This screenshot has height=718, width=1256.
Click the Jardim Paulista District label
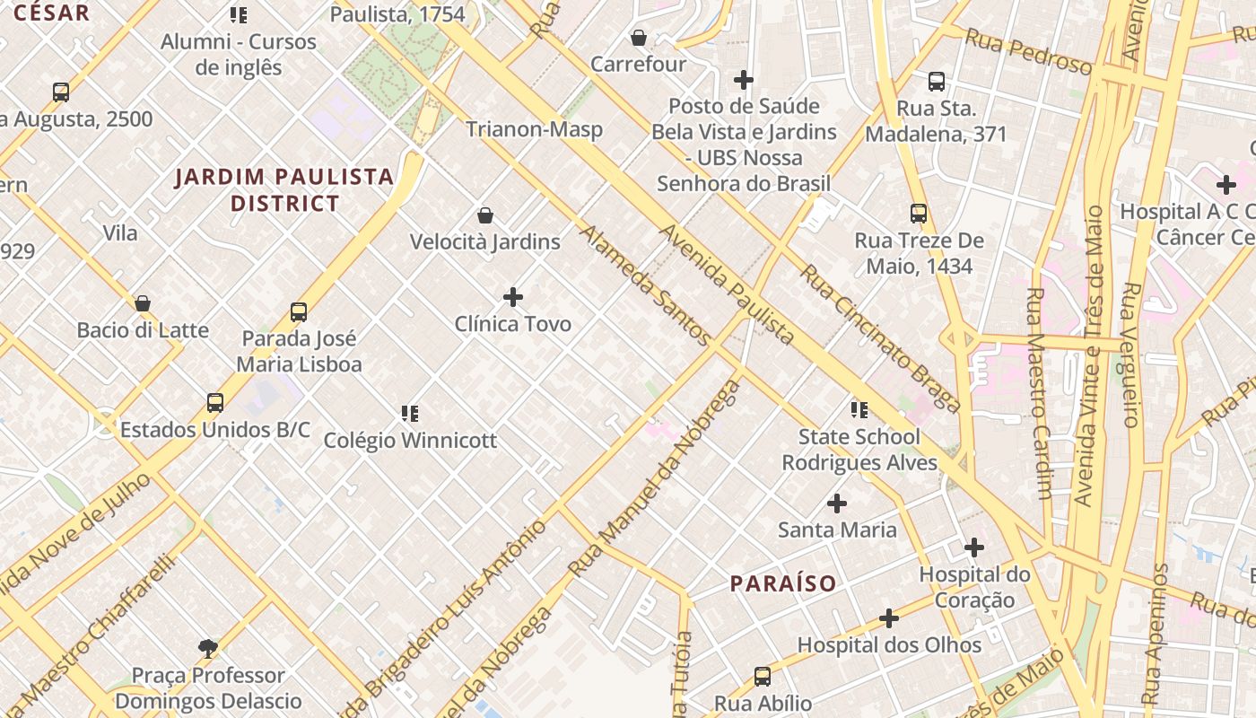[x=284, y=189]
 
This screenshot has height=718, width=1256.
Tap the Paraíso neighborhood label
[x=782, y=583]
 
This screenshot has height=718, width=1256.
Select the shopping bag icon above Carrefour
[x=638, y=38]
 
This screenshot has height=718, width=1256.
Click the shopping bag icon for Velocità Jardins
[x=485, y=215]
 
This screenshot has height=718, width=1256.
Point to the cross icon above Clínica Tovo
[x=513, y=297]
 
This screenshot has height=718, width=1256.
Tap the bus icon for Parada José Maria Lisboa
[x=299, y=312]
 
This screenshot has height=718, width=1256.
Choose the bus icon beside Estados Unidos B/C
[x=215, y=403]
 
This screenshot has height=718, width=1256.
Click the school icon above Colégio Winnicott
[x=410, y=414]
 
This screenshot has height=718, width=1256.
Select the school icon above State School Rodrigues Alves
[x=859, y=410]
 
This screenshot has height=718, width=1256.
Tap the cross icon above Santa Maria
[x=837, y=503]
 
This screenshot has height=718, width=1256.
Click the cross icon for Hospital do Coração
[x=974, y=547]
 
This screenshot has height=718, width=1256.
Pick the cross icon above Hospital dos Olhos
[x=888, y=619]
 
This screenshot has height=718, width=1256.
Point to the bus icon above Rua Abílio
[x=763, y=677]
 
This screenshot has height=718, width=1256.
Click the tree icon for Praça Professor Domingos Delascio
[x=208, y=648]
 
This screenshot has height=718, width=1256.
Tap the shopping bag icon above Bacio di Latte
[x=143, y=303]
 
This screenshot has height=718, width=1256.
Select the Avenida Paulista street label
[x=728, y=285]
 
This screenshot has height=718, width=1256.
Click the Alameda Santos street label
[x=646, y=285]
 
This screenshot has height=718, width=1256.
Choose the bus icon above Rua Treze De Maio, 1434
[x=919, y=214]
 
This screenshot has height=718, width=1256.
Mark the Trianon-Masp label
[x=534, y=129]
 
